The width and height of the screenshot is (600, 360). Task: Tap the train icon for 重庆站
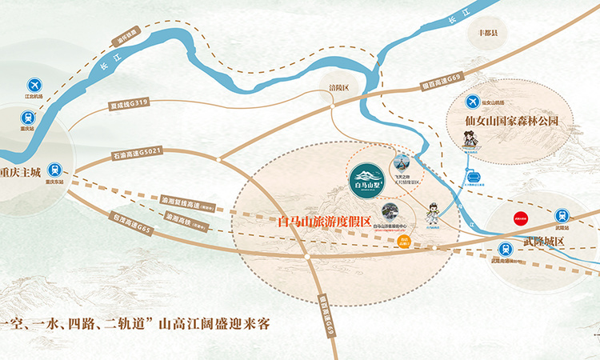click(26, 115)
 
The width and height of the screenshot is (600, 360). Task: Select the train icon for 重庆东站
click(54, 169)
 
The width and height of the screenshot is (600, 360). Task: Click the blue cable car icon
click(473, 176)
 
